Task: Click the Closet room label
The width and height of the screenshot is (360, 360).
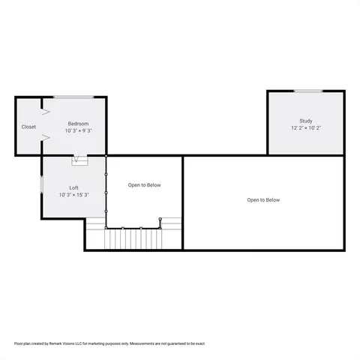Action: click(x=28, y=127)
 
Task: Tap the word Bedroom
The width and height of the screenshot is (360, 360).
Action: click(x=79, y=124)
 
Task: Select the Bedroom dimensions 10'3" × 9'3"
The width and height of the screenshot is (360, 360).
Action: click(x=79, y=130)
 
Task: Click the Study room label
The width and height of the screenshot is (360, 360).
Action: click(x=306, y=121)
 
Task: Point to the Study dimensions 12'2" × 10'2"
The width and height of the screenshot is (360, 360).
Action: click(x=306, y=127)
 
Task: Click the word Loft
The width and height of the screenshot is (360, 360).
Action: click(x=74, y=187)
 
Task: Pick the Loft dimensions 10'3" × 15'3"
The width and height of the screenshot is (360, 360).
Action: click(x=74, y=194)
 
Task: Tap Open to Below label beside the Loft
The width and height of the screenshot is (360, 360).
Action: click(x=144, y=185)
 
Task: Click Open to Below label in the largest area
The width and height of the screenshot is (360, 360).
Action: click(x=263, y=200)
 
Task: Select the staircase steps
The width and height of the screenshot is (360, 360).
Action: click(x=133, y=239)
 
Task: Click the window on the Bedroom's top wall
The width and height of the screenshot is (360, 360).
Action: click(x=73, y=97)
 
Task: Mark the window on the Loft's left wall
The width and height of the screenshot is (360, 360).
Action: click(x=41, y=184)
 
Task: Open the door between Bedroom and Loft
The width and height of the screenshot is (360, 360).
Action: click(x=79, y=159)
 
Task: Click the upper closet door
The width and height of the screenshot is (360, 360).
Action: click(x=45, y=112)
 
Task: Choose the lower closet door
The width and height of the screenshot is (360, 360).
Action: click(x=46, y=138)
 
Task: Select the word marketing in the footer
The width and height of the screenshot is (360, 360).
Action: click(x=94, y=343)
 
